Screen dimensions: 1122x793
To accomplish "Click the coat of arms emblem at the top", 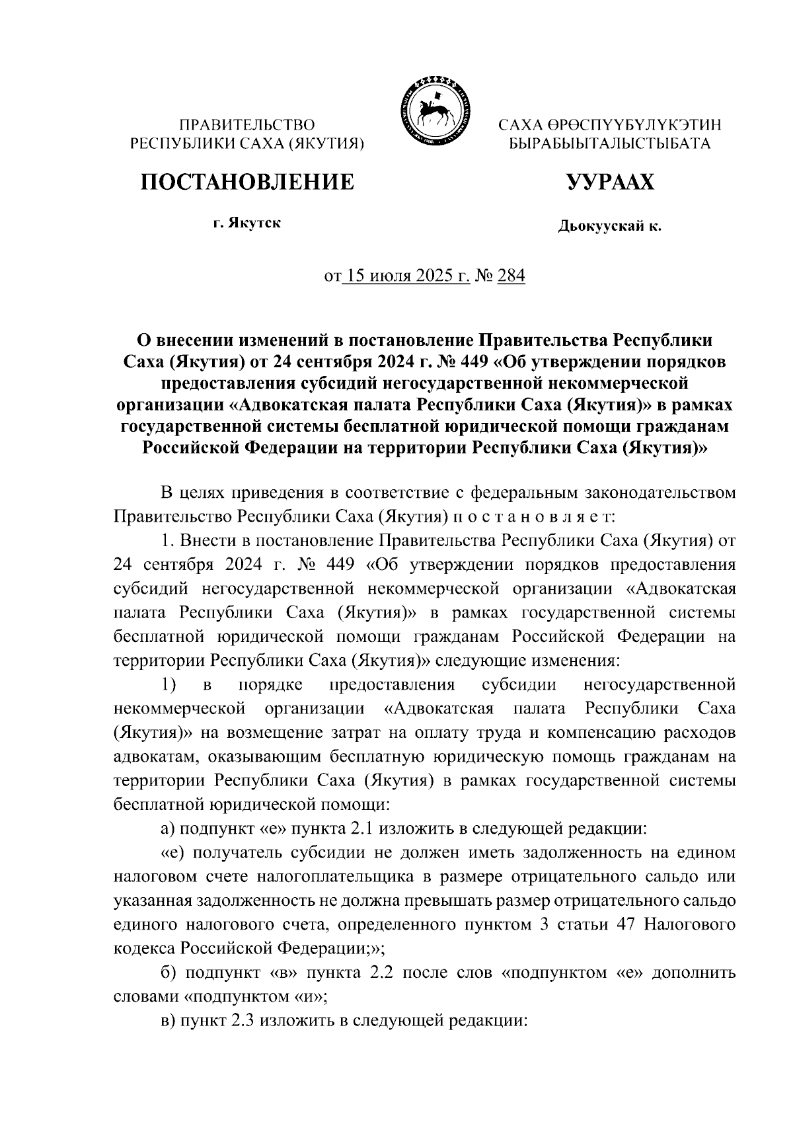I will click(434, 109).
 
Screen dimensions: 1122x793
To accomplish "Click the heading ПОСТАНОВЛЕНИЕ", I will click(246, 182).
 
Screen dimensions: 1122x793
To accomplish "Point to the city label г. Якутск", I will click(246, 223).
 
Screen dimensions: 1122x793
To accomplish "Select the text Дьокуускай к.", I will click(609, 227).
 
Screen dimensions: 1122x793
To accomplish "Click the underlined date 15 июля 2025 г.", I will click(405, 276).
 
